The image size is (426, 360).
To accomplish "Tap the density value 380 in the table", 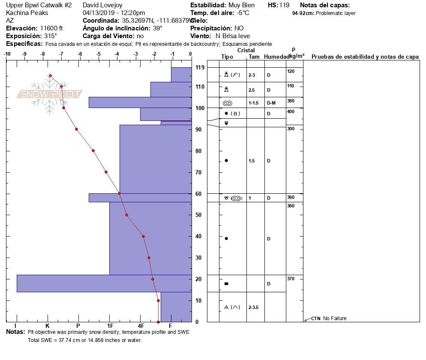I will [x=291, y=101].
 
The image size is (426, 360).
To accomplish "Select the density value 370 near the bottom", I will [x=291, y=279].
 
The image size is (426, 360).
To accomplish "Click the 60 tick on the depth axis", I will [x=198, y=194].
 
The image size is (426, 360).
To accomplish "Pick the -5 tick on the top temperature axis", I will [x=99, y=54].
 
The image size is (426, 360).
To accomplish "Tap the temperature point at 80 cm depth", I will [x=93, y=150].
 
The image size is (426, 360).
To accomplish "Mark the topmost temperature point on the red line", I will [x=50, y=75].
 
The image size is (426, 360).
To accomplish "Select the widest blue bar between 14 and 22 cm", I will [x=104, y=283].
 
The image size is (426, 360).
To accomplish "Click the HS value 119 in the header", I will [x=284, y=5].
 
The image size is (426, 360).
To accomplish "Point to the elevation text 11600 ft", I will [x=54, y=28].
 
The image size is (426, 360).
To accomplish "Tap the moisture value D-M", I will [x=271, y=103].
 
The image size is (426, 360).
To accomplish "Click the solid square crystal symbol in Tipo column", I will [x=226, y=284].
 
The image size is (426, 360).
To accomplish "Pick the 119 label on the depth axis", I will [x=199, y=68].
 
